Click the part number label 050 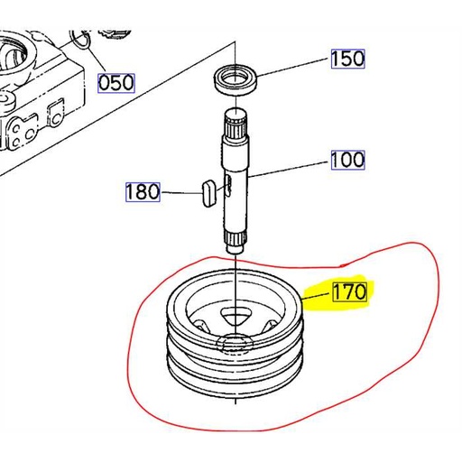[115, 83]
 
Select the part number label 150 [346, 59]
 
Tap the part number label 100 [346, 161]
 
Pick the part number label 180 [143, 191]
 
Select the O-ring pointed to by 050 [82, 40]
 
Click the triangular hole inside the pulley [236, 313]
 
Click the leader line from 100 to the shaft [289, 167]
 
